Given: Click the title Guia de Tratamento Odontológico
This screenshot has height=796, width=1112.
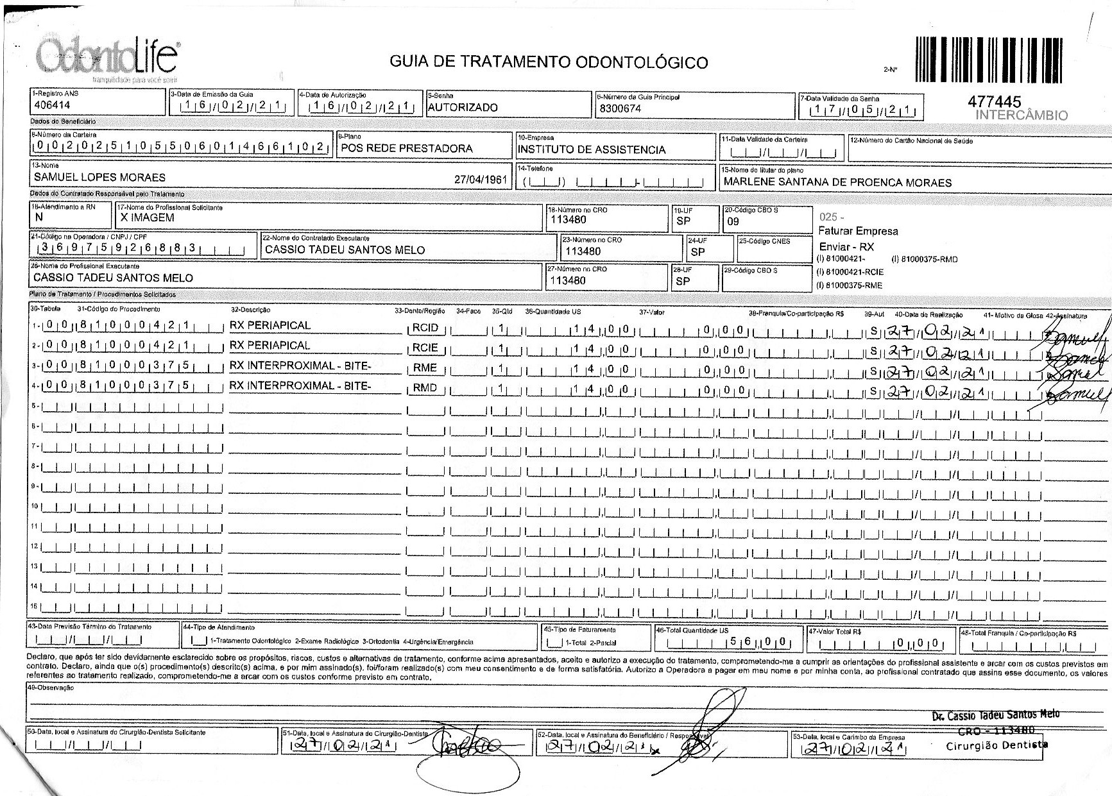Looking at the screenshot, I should [549, 62].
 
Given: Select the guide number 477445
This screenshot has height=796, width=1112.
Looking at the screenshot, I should [993, 102].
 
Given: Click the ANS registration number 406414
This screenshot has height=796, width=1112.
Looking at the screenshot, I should [51, 105].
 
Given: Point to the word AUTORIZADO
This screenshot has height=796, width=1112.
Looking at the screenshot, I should [462, 107].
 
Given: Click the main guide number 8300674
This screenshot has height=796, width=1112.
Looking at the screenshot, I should [620, 108].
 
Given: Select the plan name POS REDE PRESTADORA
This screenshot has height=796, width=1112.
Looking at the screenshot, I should [406, 148].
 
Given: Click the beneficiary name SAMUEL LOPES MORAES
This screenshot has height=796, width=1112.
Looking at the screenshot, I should [99, 177].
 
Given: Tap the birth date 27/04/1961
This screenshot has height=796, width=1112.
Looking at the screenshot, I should [481, 180].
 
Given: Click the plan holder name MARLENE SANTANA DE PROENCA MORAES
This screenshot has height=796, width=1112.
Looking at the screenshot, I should [837, 182].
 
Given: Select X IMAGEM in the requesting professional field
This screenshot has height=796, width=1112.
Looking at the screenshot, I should [147, 217].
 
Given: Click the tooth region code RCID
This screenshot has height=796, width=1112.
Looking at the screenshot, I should [425, 328].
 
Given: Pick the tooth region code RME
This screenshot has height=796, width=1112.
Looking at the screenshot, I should [425, 368].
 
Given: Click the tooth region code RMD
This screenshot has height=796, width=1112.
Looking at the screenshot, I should [425, 387].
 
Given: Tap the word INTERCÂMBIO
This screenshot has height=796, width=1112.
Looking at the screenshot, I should [1022, 115].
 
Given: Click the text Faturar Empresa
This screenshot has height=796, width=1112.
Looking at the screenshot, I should [858, 231].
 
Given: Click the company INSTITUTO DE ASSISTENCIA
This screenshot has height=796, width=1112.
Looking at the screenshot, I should [591, 149].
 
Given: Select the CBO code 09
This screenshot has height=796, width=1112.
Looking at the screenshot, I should [732, 221].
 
